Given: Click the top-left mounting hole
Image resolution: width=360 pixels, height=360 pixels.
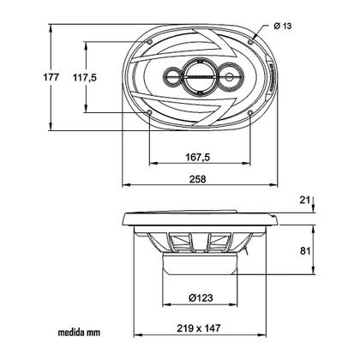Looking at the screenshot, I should (150, 39).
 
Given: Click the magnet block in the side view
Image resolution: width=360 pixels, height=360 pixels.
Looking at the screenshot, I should (202, 273).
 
